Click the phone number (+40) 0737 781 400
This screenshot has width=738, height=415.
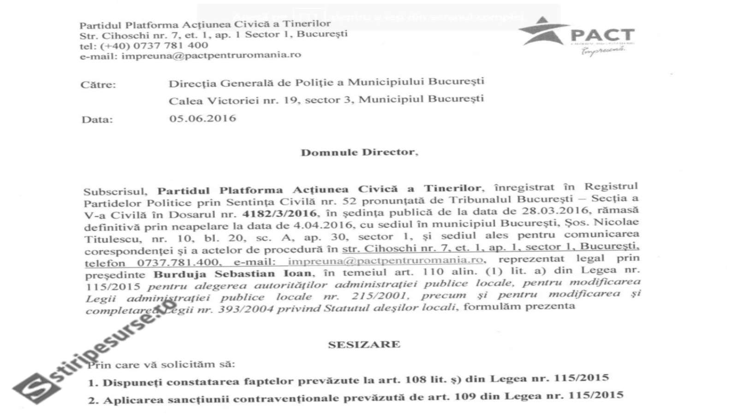[x=154, y=46]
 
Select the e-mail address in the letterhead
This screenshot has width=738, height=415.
[x=211, y=55]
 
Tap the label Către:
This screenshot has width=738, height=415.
[x=98, y=85]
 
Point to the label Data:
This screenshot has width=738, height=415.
[x=97, y=120]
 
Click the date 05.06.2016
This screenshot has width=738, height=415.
[x=202, y=119]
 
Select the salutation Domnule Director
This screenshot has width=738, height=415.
[x=359, y=152]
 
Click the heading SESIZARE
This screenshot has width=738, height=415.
[x=364, y=344]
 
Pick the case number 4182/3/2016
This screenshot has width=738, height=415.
[x=280, y=213]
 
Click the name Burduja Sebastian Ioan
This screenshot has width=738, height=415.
[x=232, y=274]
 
